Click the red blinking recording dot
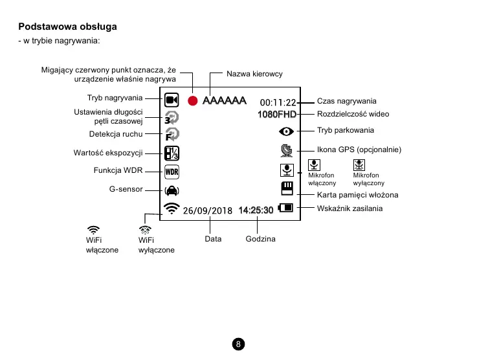[x=192, y=101]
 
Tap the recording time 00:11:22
[x=278, y=102]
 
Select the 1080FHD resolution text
[x=276, y=115]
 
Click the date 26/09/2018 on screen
[x=207, y=210]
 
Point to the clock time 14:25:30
[x=256, y=210]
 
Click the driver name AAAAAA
[x=225, y=101]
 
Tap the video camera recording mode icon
[x=172, y=100]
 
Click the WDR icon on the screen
[x=172, y=172]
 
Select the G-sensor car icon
[x=172, y=190]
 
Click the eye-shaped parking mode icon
[x=286, y=131]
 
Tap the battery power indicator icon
[x=285, y=208]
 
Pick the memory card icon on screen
[x=286, y=188]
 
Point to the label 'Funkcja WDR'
[x=118, y=171]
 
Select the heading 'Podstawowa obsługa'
[x=68, y=27]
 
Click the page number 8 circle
[x=239, y=344]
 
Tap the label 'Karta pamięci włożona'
[x=357, y=194]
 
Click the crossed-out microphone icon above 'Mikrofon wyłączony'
[x=359, y=165]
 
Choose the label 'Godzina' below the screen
[x=260, y=239]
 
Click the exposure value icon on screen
[x=172, y=153]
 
